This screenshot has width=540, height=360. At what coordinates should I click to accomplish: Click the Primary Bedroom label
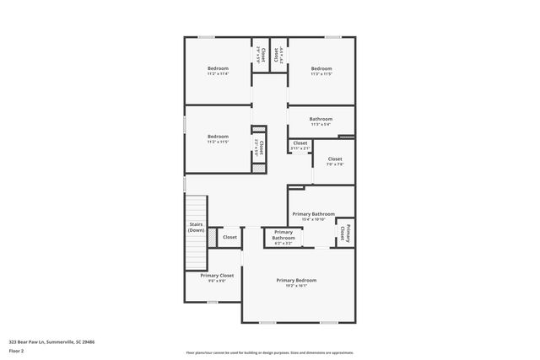[x=296, y=280]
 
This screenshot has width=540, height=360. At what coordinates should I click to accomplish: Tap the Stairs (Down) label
[x=196, y=227]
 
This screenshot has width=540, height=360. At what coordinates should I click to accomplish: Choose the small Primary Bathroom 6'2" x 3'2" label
[x=283, y=234]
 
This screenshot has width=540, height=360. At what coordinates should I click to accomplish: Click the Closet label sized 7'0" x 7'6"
[x=335, y=161]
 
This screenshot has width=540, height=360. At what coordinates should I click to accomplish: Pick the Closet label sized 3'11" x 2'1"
[x=300, y=145]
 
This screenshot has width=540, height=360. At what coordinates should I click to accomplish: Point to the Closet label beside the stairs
[x=229, y=239]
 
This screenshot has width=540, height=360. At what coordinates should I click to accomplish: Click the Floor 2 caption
[x=16, y=350]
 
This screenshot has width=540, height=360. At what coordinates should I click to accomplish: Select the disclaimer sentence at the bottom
[x=269, y=352]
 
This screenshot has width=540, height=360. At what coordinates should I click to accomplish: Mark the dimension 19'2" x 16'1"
[x=296, y=286]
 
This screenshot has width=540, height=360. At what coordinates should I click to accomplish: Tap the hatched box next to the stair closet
[x=212, y=239]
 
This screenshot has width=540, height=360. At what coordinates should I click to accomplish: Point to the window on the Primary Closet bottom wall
[x=213, y=302]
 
